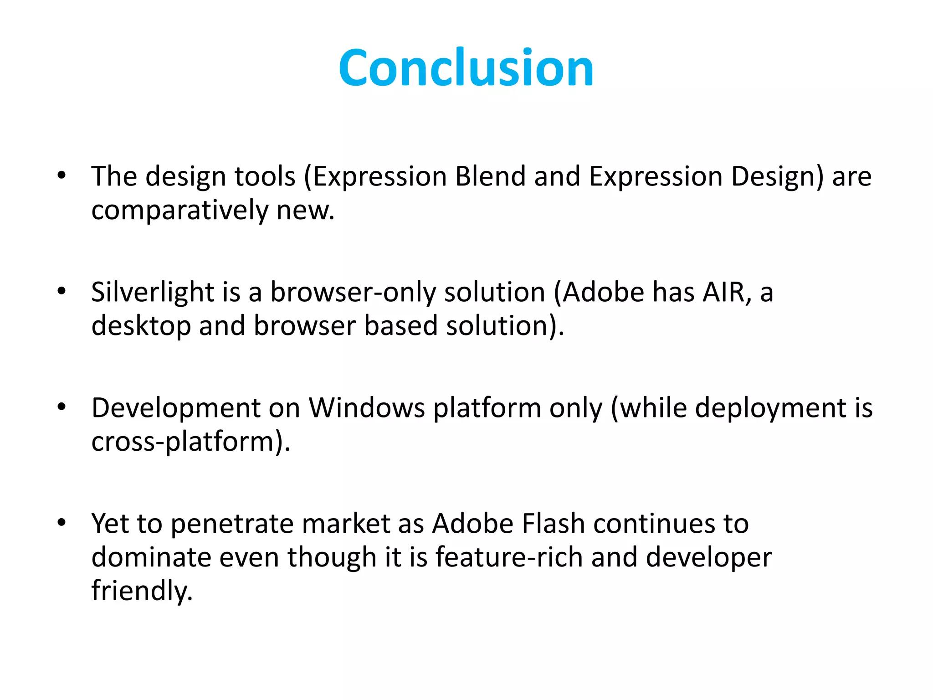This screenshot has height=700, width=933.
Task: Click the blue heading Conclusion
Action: coord(466,68)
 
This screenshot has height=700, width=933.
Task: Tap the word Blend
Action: coord(490,177)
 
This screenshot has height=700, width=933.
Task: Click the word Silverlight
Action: coord(153,292)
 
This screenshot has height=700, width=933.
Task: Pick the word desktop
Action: coord(141,327)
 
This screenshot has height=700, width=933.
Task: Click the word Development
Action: coord(176,408)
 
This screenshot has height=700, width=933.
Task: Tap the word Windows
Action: coord(367,408)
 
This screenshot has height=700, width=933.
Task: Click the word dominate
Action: coord(151,557)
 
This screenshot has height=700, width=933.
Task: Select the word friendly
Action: coord(141,592)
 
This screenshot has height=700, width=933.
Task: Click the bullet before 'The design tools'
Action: coord(62,175)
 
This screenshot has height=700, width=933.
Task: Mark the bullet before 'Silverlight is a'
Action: coord(62,291)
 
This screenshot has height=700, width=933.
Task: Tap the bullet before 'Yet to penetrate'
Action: coord(62,523)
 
